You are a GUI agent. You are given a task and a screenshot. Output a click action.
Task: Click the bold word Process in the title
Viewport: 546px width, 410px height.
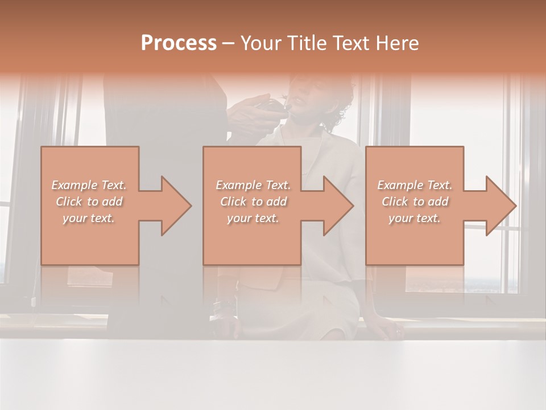click(179, 43)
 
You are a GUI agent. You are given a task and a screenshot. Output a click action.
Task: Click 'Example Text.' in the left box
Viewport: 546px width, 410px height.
click(89, 185)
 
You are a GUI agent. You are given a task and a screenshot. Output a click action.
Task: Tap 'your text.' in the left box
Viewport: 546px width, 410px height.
click(89, 218)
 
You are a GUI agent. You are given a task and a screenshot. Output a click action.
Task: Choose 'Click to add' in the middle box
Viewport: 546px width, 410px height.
click(253, 202)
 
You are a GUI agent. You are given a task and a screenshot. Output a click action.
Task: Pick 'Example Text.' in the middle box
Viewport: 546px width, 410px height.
click(253, 185)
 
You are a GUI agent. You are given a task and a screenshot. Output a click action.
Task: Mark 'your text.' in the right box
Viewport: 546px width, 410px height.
click(415, 218)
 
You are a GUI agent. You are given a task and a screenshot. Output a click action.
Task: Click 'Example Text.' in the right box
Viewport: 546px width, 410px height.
click(415, 185)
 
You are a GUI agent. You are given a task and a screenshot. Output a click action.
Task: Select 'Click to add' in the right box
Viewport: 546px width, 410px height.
click(415, 202)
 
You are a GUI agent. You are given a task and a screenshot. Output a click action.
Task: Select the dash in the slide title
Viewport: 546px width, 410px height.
click(229, 44)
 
